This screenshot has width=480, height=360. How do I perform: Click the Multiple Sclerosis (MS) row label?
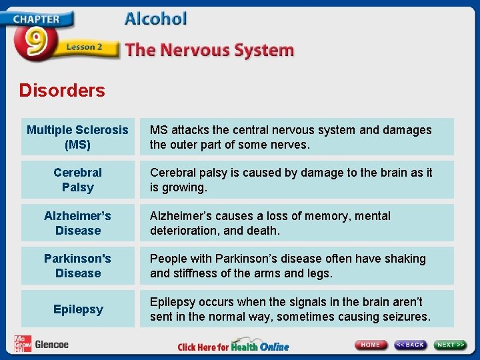pyautogui.click(x=77, y=137)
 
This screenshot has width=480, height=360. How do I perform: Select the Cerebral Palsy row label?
pyautogui.click(x=77, y=180)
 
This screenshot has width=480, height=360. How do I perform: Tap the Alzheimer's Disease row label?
pyautogui.click(x=77, y=223)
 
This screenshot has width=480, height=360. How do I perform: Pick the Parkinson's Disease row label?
pyautogui.click(x=77, y=265)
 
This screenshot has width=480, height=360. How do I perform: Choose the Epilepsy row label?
pyautogui.click(x=77, y=309)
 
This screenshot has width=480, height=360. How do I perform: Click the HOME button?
pyautogui.click(x=371, y=345)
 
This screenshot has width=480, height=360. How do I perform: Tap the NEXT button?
pyautogui.click(x=451, y=345)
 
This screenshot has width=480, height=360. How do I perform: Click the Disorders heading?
pyautogui.click(x=62, y=90)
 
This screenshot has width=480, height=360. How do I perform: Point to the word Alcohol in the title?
pyautogui.click(x=155, y=19)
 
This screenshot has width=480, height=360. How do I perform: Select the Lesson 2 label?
pyautogui.click(x=84, y=47)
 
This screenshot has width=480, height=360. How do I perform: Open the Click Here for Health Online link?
pyautogui.click(x=233, y=347)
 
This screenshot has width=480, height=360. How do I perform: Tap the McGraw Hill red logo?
pyautogui.click(x=22, y=343)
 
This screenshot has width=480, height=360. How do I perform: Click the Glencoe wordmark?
pyautogui.click(x=51, y=344)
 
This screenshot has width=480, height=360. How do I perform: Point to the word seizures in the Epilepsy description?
pyautogui.click(x=405, y=316)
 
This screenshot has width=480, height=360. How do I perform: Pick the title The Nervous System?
pyautogui.click(x=209, y=50)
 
